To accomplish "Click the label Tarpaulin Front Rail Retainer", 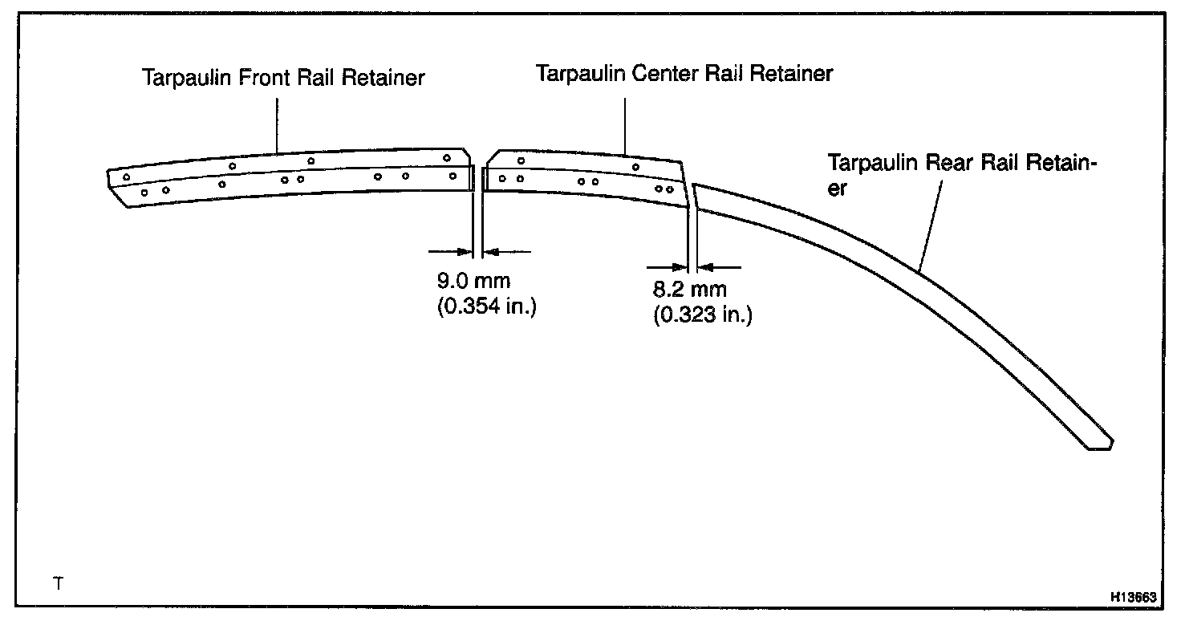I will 283,79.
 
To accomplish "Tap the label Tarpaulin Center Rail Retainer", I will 684,74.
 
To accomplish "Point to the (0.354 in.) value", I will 486,307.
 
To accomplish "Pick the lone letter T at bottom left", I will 57,583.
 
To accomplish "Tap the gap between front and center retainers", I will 478,178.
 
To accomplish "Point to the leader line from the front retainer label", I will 278,124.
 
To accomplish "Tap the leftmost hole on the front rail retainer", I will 126,177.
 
